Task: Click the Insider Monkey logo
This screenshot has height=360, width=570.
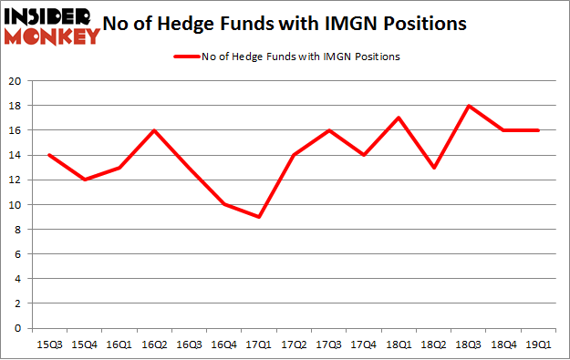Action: pos(52,26)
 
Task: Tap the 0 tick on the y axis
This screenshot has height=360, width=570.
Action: pos(18,328)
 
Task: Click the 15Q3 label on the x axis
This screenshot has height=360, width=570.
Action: pos(48,345)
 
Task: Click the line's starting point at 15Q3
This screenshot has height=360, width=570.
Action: pos(48,155)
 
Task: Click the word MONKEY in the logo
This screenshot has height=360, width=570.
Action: pos(52,36)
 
